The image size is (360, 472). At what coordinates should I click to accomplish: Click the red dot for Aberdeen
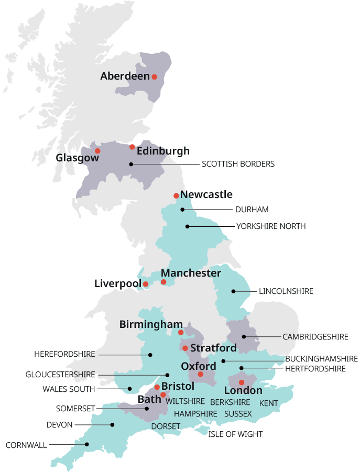[x=154, y=76]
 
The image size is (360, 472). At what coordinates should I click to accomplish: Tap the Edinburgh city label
[x=163, y=151]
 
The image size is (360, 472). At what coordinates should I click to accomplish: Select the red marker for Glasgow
[x=97, y=151]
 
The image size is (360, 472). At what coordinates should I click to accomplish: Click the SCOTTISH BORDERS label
[x=238, y=164]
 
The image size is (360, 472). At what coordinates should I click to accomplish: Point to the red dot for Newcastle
[x=176, y=196]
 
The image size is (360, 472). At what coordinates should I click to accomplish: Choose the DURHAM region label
[x=252, y=210]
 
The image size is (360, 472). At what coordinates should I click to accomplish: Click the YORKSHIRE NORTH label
[x=270, y=226]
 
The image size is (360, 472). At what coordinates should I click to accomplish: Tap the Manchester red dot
[x=163, y=282]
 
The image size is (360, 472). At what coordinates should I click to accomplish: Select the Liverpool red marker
[x=146, y=284]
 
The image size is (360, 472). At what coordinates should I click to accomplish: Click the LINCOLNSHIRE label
[x=286, y=291]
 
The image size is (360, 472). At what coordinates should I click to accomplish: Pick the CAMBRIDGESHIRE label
[x=315, y=336]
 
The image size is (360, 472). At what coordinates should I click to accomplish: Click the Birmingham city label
[x=151, y=325]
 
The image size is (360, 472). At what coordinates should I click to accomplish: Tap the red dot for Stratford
[x=185, y=348]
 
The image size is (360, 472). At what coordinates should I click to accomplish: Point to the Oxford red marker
[x=200, y=374]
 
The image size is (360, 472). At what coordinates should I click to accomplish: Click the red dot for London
[x=242, y=382]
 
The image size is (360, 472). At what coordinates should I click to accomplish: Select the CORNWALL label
[x=26, y=445]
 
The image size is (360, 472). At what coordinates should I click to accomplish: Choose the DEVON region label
[x=59, y=425]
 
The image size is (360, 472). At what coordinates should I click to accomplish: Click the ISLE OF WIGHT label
[x=236, y=434]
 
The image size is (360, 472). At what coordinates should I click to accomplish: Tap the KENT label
[x=269, y=403]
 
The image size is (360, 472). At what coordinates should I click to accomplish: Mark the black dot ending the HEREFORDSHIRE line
[x=150, y=355]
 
